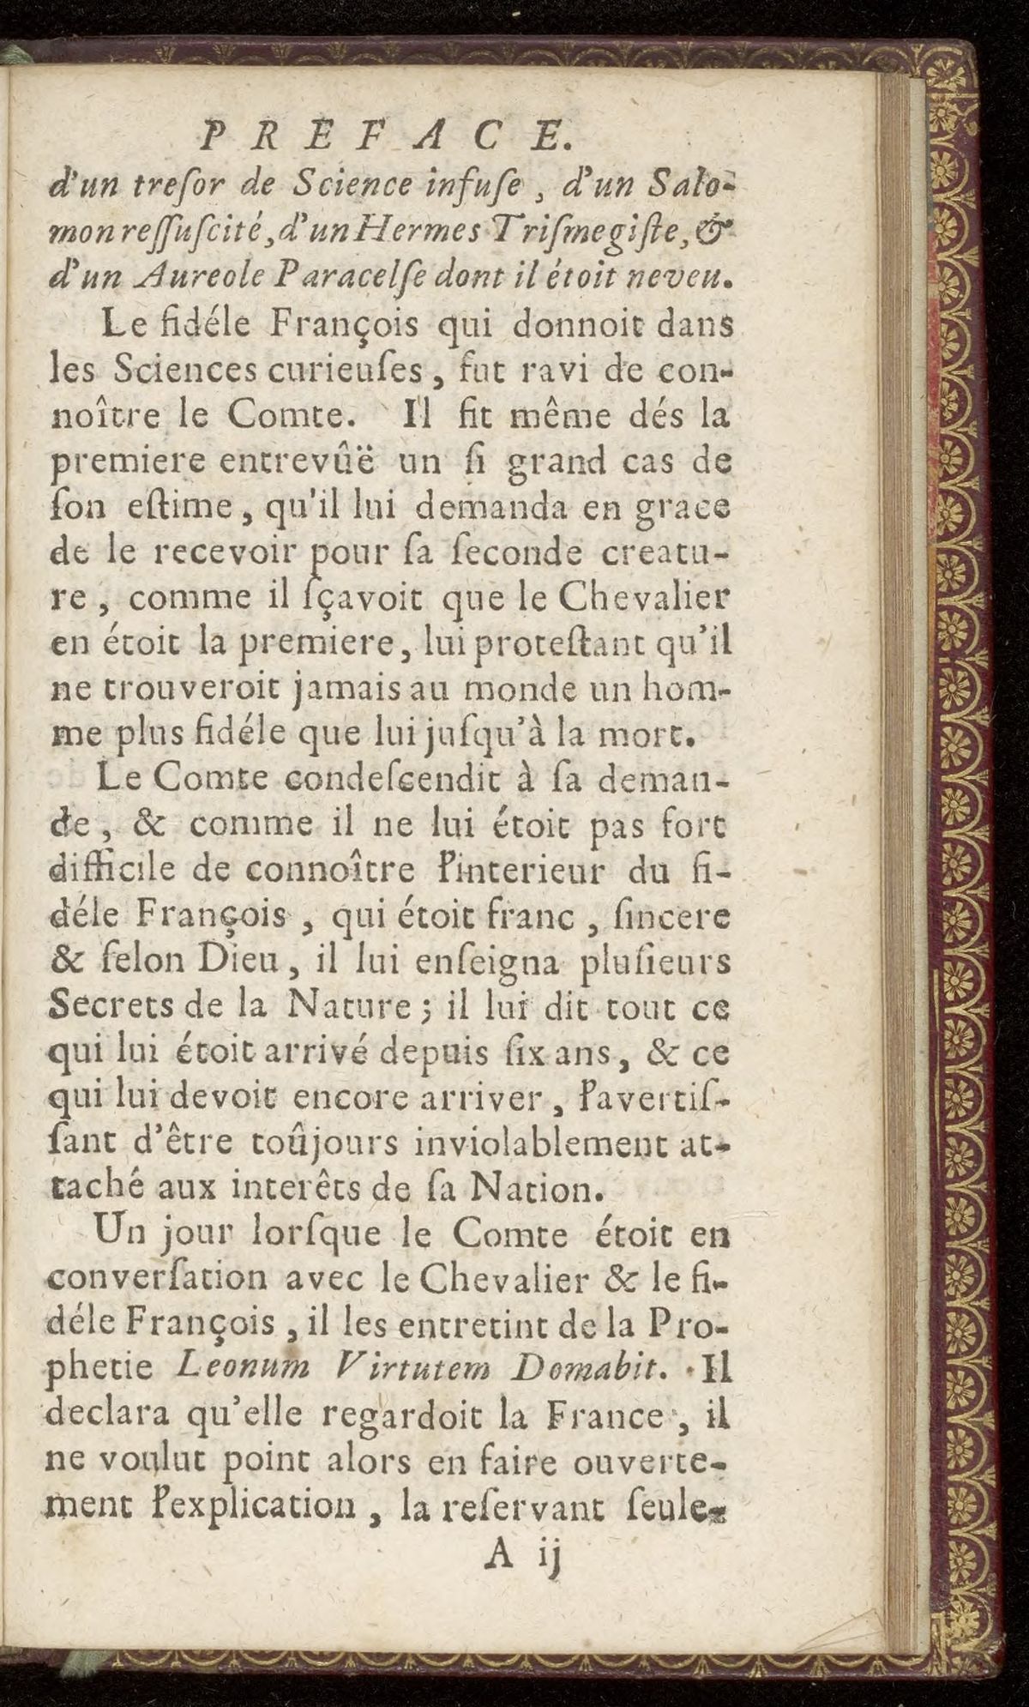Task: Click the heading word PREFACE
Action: [x=382, y=136]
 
